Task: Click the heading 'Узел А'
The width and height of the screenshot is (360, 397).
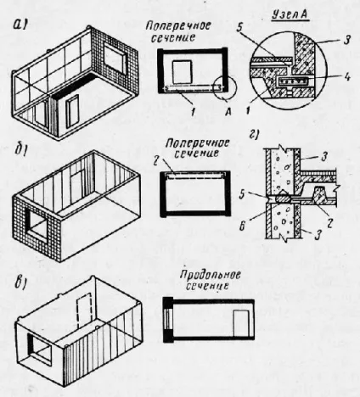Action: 290,15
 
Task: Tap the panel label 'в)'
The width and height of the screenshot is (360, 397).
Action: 21,283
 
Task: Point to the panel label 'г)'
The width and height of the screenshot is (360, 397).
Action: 254,135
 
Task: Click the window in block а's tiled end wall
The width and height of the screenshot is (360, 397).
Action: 115,59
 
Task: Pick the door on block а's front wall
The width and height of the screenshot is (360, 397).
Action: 72,111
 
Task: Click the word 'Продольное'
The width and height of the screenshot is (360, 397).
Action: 211,275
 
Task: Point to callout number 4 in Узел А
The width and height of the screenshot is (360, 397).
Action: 346,77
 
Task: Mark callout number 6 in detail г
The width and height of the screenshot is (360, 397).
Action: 242,226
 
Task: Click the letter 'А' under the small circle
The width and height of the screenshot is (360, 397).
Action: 228,112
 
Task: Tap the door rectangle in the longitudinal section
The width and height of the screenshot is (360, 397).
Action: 241,323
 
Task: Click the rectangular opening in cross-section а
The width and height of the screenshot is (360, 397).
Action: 182,72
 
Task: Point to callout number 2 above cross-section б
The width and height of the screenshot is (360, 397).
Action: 169,165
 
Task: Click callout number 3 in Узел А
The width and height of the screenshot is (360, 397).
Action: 346,40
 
